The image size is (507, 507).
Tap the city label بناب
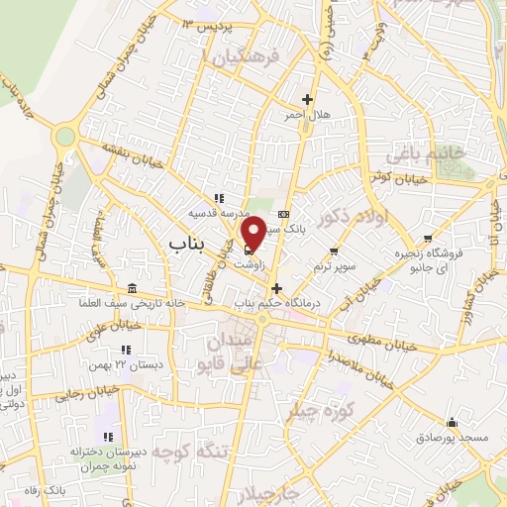[185, 241]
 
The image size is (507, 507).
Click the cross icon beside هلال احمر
[308, 99]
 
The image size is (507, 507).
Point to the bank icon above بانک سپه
[284, 214]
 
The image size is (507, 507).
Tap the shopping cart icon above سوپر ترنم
[334, 252]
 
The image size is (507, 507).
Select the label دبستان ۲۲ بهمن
[125, 365]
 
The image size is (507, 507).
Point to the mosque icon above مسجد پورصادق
[452, 422]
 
